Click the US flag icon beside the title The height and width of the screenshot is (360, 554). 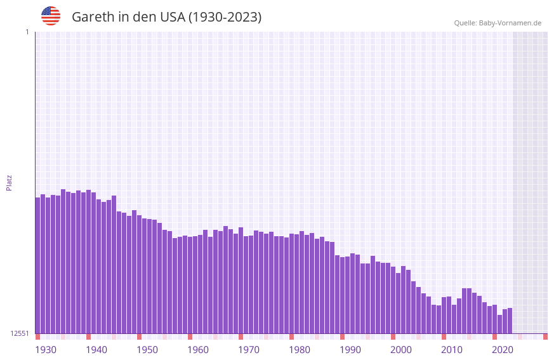coord(51,16)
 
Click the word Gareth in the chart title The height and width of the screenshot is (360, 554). coord(93,17)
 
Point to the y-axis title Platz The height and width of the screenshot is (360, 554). coord(9,182)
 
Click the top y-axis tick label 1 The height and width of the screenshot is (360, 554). coord(27,32)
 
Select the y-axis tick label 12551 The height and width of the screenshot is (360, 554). coord(20,333)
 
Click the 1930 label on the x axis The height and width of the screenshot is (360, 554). coord(46,350)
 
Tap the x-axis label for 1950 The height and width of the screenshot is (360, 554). coord(147,350)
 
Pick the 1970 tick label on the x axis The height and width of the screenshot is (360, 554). coord(249,350)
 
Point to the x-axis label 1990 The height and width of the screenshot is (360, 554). coord(350,350)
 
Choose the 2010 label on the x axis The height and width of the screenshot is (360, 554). coord(452,350)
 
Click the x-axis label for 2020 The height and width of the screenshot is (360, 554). coord(503,350)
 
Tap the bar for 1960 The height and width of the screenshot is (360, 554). coord(190,285)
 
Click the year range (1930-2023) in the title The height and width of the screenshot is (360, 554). coord(225,17)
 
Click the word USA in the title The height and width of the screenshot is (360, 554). coord(172,17)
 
